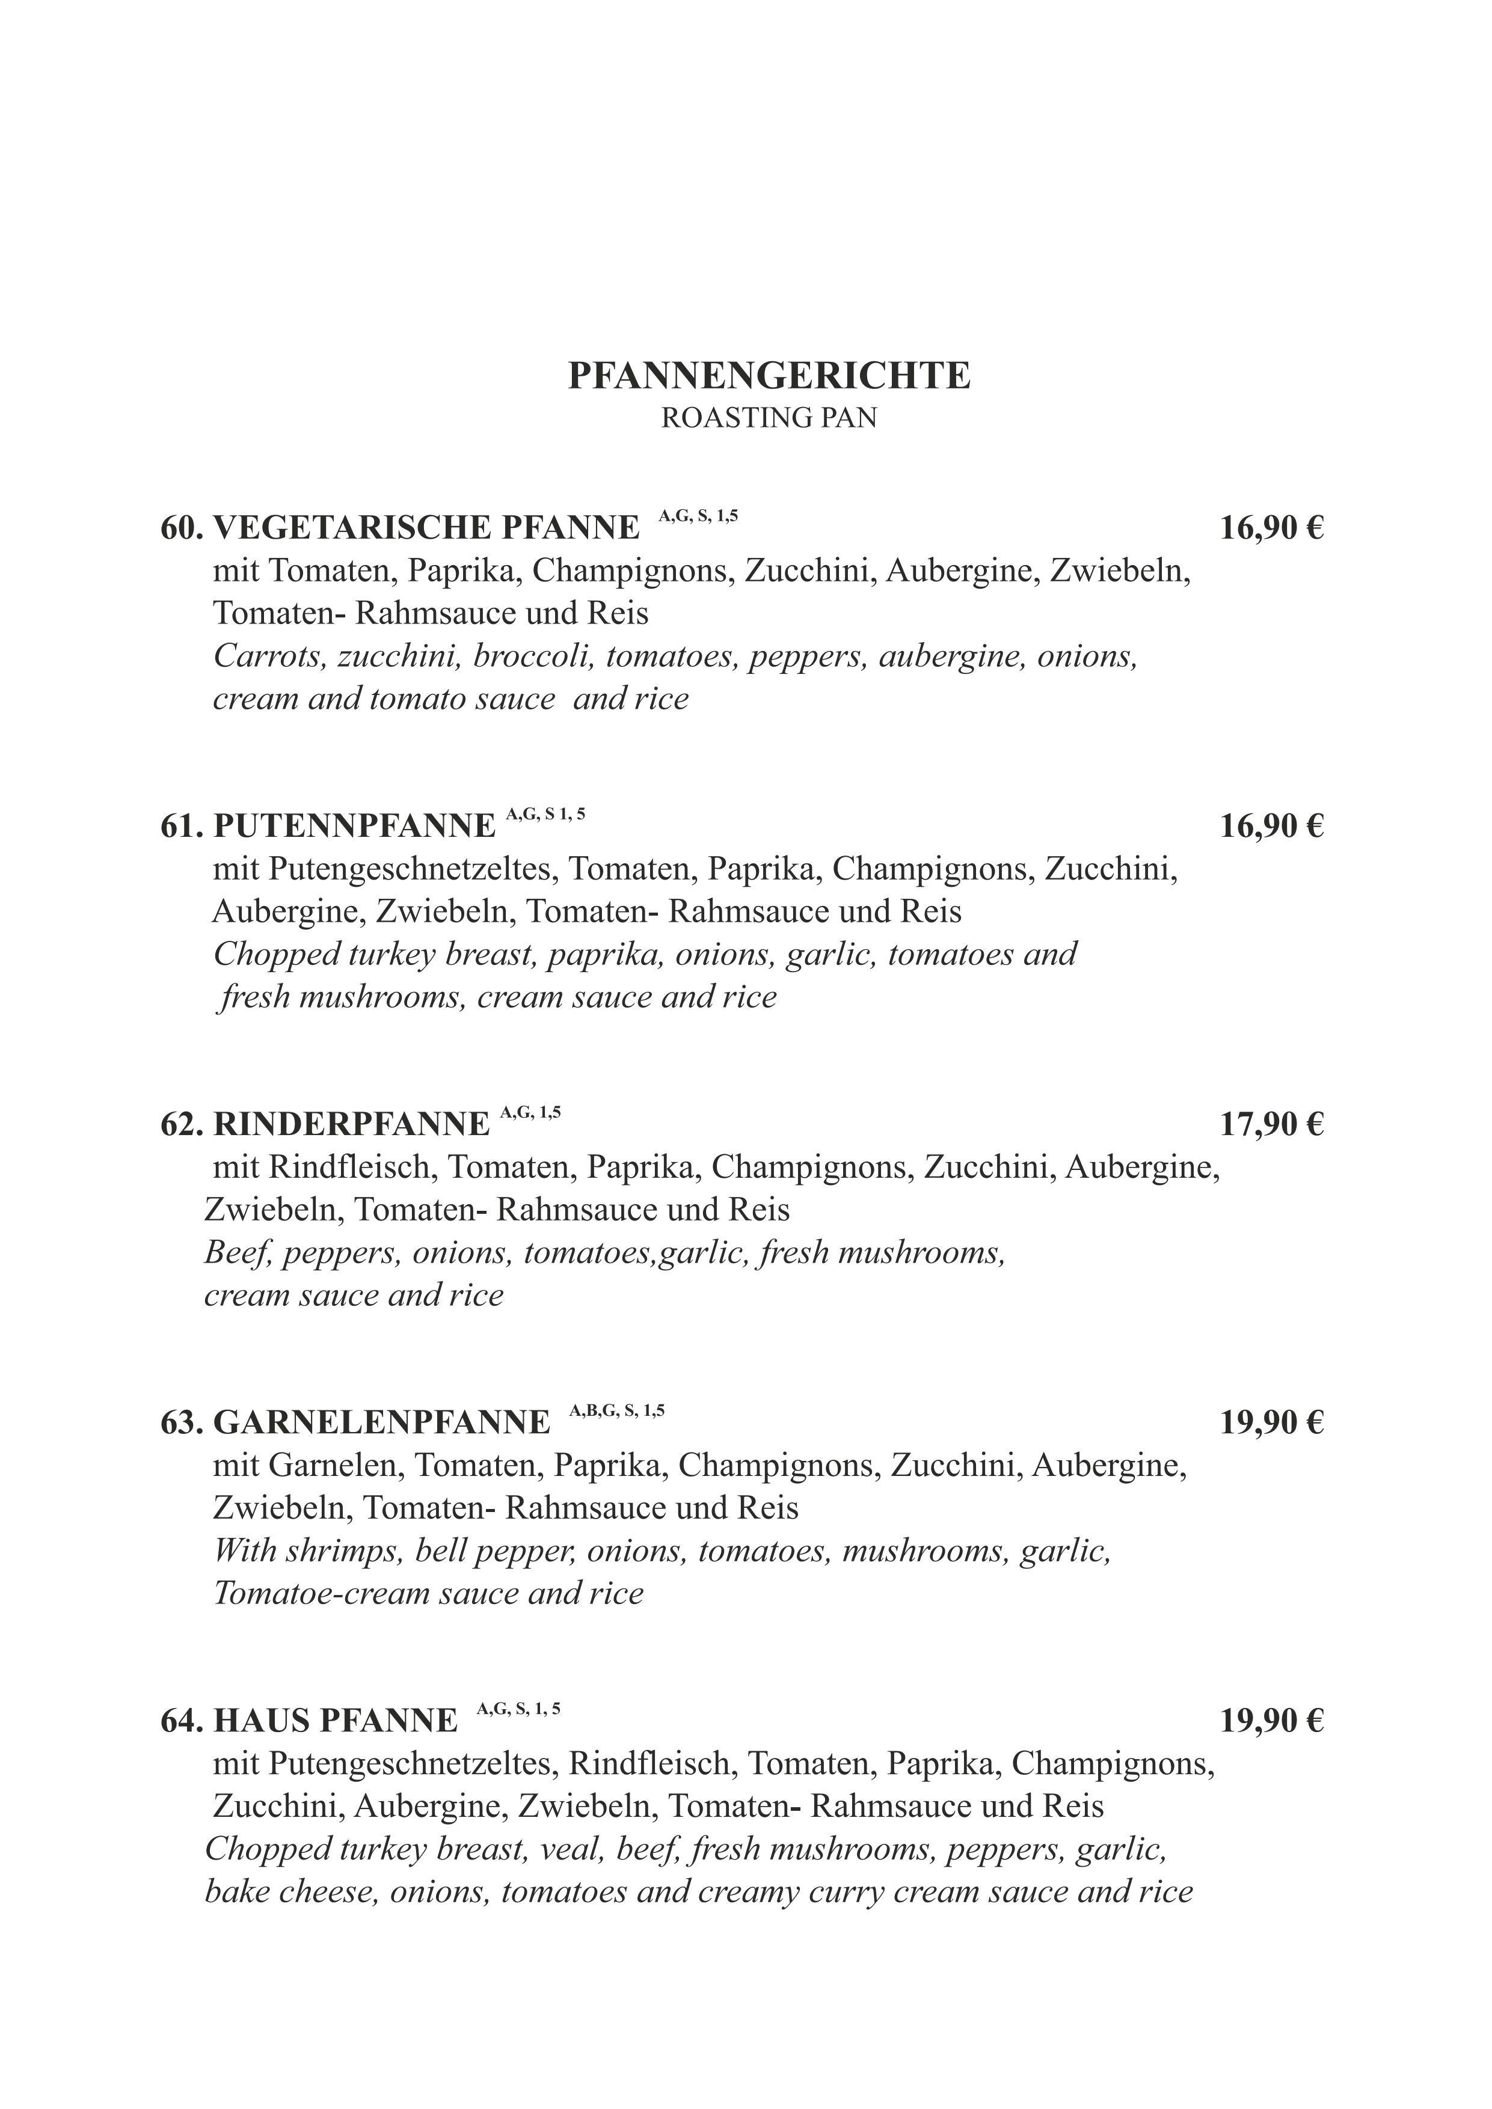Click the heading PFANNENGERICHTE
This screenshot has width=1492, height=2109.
[x=769, y=376]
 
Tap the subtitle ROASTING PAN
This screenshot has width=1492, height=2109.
[x=769, y=418]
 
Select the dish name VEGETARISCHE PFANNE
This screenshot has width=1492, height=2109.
[x=426, y=528]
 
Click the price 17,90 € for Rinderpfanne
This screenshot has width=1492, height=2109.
[x=1271, y=1124]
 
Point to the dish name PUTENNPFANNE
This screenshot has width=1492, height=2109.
[x=355, y=827]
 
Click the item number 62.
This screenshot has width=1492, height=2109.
[x=181, y=1124]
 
